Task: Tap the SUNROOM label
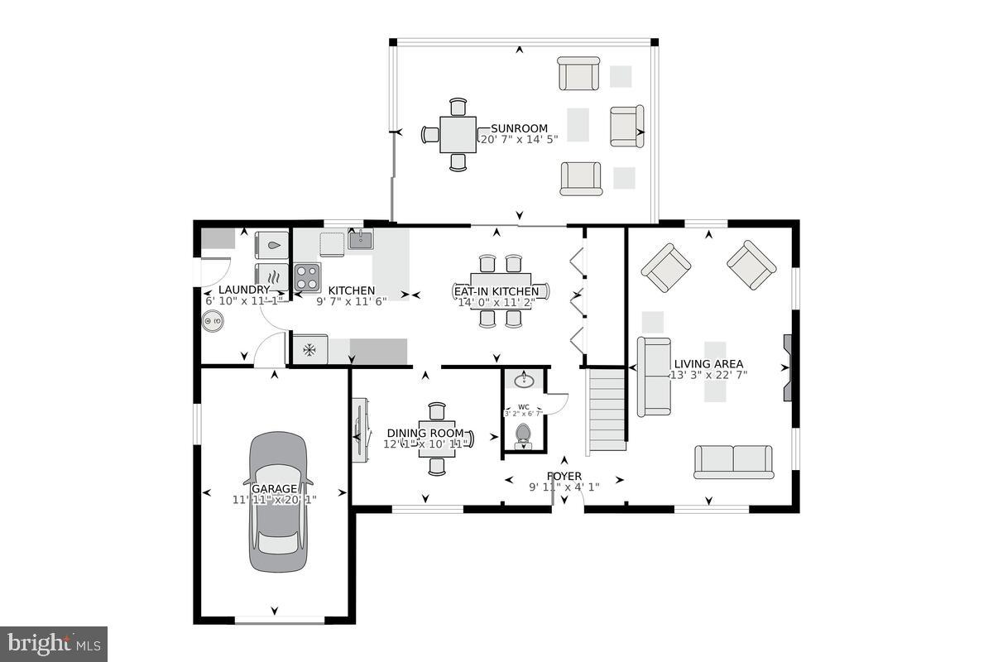(520, 128)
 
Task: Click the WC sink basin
(524, 381)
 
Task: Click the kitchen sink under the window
(360, 241)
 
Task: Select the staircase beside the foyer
(607, 410)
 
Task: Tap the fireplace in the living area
(788, 367)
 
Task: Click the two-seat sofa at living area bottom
(733, 461)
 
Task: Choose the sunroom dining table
(458, 134)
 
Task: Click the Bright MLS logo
(54, 643)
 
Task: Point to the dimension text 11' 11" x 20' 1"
(275, 500)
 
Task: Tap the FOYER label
(564, 476)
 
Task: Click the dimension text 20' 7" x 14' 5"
(520, 140)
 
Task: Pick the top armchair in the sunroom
(578, 74)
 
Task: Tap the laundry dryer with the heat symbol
(272, 276)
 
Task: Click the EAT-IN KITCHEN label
(496, 291)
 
